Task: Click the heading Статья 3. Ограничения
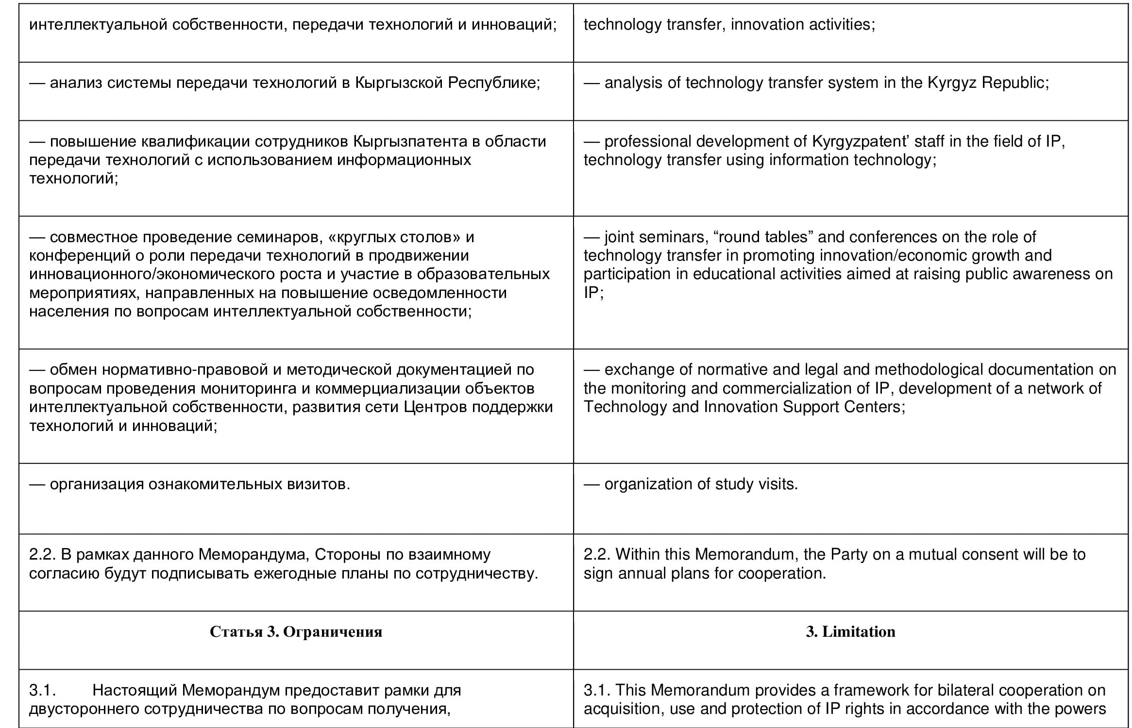tap(296, 631)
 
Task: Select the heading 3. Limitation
tap(850, 631)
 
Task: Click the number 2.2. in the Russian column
tap(43, 554)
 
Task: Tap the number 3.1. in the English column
tap(597, 690)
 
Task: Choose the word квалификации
tap(195, 141)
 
